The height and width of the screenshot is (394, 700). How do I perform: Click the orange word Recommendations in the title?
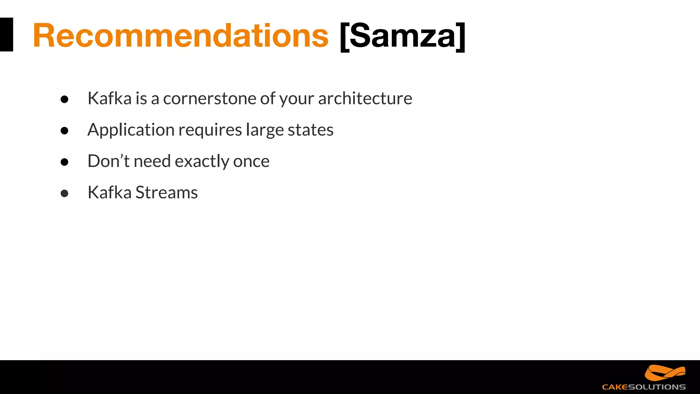point(180,36)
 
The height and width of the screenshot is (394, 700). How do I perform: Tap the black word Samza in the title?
point(403,36)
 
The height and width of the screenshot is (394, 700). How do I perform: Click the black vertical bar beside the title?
point(6,35)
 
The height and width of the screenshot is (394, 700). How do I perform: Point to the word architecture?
point(365,98)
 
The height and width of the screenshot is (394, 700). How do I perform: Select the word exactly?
point(202,161)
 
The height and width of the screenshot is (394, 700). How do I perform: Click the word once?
point(251,161)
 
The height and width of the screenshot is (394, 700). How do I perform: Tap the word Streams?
point(166,193)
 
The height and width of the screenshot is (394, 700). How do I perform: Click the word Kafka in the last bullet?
point(109,193)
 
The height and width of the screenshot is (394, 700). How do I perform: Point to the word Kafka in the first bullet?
point(109,98)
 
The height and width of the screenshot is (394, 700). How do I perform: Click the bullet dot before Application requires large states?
point(64,131)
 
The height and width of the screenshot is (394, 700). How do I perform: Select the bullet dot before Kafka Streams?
point(64,194)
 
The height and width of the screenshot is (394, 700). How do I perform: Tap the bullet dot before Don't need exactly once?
point(64,162)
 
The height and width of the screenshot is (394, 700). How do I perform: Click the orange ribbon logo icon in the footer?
point(665,373)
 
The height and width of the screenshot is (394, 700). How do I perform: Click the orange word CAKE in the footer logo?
point(615,387)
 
